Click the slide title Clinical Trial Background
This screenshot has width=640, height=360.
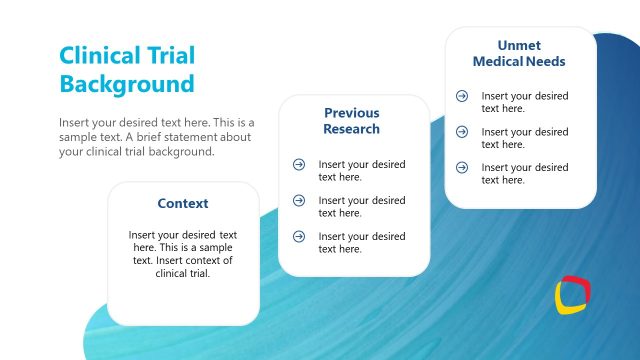[x=127, y=69]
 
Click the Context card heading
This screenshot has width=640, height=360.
[x=183, y=203]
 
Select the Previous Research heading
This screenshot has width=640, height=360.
[x=351, y=121]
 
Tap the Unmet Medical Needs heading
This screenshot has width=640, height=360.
[x=519, y=53]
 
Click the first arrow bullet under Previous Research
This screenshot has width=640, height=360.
[x=298, y=165]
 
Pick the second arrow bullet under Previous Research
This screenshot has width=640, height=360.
[x=298, y=201]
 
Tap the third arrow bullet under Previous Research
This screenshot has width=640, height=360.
[x=298, y=236]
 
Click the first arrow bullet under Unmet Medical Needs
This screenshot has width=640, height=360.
[x=461, y=96]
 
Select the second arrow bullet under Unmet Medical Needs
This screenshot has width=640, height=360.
[x=461, y=132]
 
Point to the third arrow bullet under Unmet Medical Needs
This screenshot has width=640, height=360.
[x=461, y=167]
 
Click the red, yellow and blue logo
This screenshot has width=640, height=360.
[x=573, y=296]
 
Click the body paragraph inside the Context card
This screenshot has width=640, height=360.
[x=183, y=253]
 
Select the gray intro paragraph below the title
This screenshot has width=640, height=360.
[x=157, y=137]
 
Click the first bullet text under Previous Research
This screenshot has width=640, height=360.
[x=361, y=170]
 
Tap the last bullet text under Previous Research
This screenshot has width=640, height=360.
[x=361, y=242]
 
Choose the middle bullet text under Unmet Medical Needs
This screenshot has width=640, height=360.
[x=524, y=138]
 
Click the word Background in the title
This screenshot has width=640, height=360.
[x=127, y=83]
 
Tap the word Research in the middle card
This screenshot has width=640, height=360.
[x=351, y=129]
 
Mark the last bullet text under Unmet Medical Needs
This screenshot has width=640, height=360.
[x=524, y=173]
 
